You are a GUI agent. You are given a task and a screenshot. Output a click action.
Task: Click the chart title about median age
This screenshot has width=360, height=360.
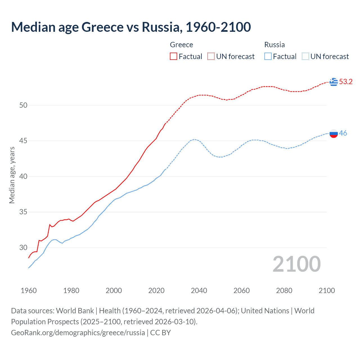pyautogui.click(x=131, y=27)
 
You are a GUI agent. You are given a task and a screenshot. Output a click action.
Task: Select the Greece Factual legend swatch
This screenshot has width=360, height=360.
pyautogui.click(x=174, y=57)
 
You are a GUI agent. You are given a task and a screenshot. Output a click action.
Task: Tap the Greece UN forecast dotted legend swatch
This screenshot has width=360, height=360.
pyautogui.click(x=211, y=57)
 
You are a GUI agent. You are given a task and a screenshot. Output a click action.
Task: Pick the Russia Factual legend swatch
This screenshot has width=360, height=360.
pyautogui.click(x=268, y=57)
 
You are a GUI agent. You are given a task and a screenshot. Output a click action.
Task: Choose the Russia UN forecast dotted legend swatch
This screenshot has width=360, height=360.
pyautogui.click(x=305, y=57)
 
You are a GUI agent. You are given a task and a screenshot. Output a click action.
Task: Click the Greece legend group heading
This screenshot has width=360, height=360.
pyautogui.click(x=181, y=45)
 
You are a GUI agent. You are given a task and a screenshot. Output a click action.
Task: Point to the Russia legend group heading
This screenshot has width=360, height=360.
pyautogui.click(x=274, y=45)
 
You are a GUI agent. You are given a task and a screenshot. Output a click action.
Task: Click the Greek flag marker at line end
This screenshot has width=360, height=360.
pyautogui.click(x=334, y=82)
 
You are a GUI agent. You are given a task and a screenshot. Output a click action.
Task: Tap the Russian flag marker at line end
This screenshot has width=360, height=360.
pyautogui.click(x=334, y=133)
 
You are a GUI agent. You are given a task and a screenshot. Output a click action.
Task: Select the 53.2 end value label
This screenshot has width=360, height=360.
pyautogui.click(x=346, y=82)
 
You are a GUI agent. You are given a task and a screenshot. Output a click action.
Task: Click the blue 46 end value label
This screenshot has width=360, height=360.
pyautogui.click(x=343, y=133)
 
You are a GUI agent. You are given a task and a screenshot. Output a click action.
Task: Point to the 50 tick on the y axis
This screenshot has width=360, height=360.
pyautogui.click(x=23, y=105)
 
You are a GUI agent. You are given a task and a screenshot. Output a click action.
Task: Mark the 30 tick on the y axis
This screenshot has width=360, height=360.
pyautogui.click(x=23, y=248)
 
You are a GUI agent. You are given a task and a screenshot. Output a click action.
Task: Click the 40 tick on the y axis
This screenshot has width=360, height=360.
pyautogui.click(x=23, y=177)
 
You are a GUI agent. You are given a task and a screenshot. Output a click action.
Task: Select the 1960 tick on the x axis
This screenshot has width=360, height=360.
pyautogui.click(x=29, y=291)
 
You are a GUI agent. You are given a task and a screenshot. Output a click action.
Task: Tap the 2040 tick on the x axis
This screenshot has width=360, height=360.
pyautogui.click(x=199, y=291)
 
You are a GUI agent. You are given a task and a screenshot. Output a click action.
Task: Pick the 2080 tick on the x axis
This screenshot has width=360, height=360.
pyautogui.click(x=284, y=291)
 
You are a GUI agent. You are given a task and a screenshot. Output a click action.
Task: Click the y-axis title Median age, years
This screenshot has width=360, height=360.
pyautogui.click(x=12, y=175)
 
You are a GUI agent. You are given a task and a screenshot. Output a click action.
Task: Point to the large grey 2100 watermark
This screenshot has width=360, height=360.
pyautogui.click(x=296, y=264)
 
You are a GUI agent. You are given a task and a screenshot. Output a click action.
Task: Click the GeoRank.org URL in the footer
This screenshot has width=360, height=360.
pyautogui.click(x=78, y=333)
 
